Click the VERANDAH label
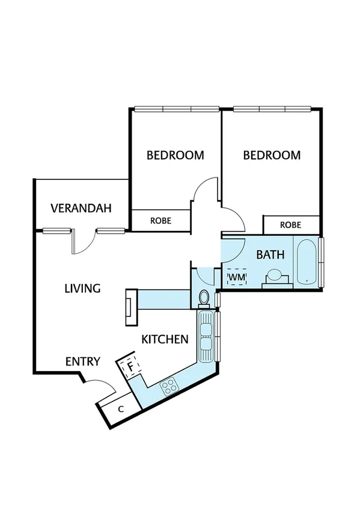coord(81,209)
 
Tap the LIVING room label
coord(82,289)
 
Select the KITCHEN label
coord(165,339)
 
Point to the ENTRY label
coord(82,361)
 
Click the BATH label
coord(270,254)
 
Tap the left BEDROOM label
coord(175,155)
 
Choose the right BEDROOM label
coord(272,155)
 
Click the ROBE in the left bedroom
coord(160,221)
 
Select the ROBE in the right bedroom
coord(291,225)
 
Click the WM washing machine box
coord(237,277)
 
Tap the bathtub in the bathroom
coord(307,262)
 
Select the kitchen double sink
coord(206,337)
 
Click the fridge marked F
coord(130,364)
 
